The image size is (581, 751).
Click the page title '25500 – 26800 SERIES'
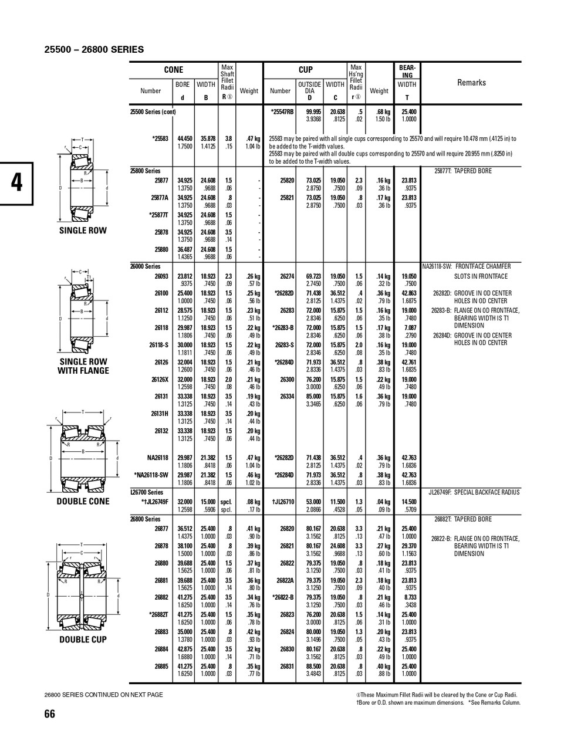click(x=94, y=49)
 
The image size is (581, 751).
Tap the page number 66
click(x=50, y=713)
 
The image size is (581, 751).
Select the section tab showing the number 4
click(x=17, y=182)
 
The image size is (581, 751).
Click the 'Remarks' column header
click(x=471, y=83)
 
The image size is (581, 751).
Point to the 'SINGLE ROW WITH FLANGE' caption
click(x=83, y=366)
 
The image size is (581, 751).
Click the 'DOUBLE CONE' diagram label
click(x=83, y=501)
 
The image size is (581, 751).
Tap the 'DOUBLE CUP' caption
click(x=83, y=640)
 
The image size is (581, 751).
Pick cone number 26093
click(x=161, y=276)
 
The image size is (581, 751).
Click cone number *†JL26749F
click(x=155, y=502)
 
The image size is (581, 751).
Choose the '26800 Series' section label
click(x=145, y=519)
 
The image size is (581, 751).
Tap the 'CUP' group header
click(x=306, y=70)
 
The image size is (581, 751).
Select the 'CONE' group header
click(x=173, y=70)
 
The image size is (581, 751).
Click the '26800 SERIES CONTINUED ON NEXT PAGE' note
click(x=104, y=695)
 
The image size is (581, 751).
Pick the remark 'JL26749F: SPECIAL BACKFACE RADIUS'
click(x=474, y=492)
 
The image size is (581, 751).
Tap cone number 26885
click(x=161, y=667)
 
